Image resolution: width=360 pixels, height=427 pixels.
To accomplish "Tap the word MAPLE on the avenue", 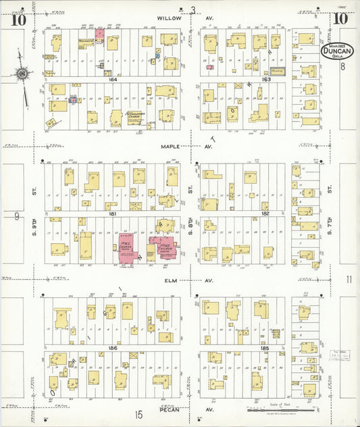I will coord(170,146).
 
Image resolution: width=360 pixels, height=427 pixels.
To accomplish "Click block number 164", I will coord(112,79).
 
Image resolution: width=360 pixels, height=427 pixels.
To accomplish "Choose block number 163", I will coord(265,79).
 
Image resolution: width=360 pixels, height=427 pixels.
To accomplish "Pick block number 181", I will coord(113,214).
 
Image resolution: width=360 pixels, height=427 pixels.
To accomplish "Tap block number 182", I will coord(265,214).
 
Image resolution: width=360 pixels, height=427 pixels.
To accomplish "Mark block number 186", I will coord(113,347).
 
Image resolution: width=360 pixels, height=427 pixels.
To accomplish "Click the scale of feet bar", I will coord(281,409).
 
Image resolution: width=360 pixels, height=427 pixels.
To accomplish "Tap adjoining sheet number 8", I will coord(343,66).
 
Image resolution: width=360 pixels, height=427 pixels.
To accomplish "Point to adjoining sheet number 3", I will coord(192,9).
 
